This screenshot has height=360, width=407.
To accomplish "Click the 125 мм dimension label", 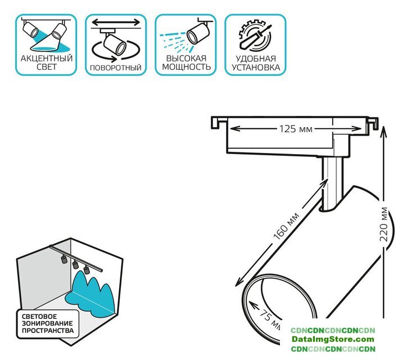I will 295,129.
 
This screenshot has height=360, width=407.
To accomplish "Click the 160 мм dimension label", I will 287,224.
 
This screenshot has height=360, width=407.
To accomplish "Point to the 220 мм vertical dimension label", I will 384,225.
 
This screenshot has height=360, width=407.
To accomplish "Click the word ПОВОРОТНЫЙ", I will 115,68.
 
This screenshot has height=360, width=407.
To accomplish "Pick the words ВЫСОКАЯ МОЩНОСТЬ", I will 186,62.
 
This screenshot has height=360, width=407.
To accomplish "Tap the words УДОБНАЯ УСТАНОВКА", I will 256,62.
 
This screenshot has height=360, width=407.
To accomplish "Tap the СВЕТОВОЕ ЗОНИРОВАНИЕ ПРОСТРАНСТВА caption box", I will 48,323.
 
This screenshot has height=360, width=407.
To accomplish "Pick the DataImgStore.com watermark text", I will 333,339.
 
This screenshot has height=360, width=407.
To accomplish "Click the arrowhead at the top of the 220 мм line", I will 383,130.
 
